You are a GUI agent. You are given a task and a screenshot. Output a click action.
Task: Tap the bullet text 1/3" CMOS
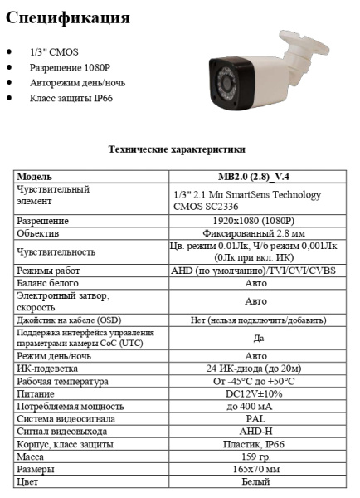53,52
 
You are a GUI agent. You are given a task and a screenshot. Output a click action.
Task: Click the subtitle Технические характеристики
177,149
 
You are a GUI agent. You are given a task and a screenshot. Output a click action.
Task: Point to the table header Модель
35,177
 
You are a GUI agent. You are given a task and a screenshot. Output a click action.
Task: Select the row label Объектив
38,234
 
